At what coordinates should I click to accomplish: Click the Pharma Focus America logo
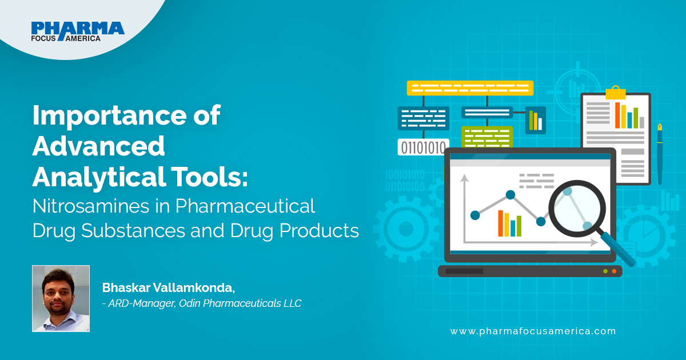tap(78, 31)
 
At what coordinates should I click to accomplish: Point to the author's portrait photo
tap(61, 298)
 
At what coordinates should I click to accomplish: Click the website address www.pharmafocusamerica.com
tap(533, 331)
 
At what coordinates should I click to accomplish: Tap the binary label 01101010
tap(423, 147)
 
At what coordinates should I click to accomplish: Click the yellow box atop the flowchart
tap(470, 88)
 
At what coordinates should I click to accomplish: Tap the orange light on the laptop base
tap(614, 271)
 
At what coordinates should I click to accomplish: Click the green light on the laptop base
tap(605, 271)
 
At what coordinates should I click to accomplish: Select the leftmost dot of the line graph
tap(474, 215)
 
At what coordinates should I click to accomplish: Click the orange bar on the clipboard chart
tap(617, 115)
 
